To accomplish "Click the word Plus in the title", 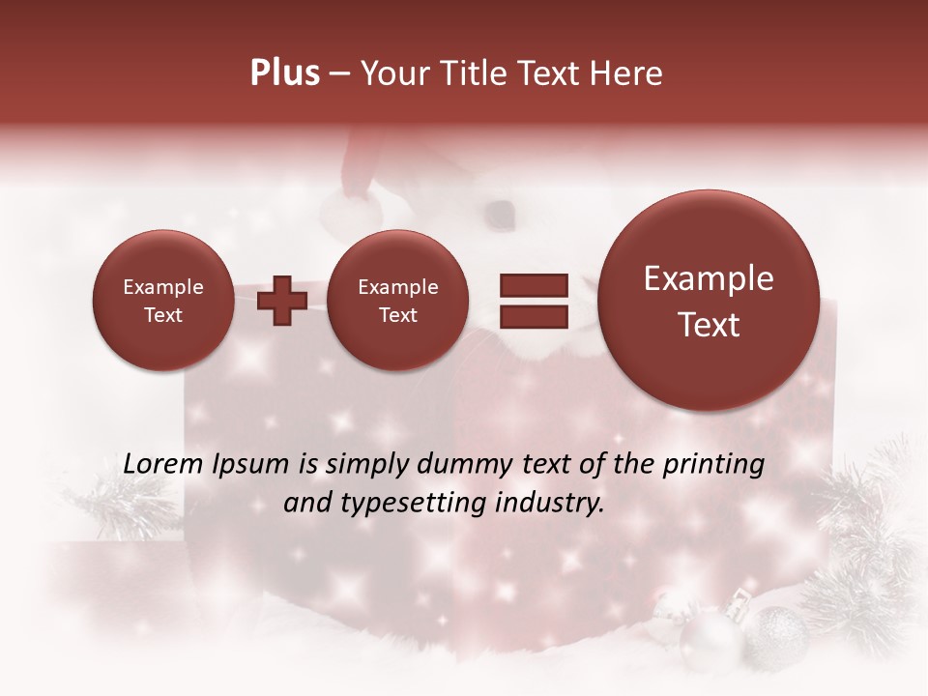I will point(285,73).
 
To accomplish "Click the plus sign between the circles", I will point(282,301).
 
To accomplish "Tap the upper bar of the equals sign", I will point(533,285).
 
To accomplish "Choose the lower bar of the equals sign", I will point(533,316).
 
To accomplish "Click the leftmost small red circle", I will point(162,300).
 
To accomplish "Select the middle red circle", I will point(397,300).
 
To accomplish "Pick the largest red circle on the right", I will point(709,300).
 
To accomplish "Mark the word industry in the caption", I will point(550,504).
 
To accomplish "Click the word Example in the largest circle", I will point(709,278).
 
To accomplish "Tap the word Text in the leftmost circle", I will point(162,315).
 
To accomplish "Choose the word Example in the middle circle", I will point(397,287).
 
